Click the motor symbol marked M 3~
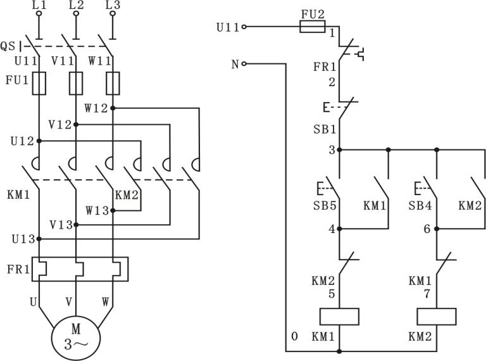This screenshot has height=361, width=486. (76, 336)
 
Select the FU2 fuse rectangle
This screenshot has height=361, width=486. (312, 27)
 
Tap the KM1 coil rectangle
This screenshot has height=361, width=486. (340, 316)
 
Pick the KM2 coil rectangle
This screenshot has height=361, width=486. (437, 316)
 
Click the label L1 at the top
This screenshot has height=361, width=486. (39, 6)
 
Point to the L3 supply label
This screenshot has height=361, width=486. (113, 6)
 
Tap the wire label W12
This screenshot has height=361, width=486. (97, 108)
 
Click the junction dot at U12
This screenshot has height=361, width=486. (39, 141)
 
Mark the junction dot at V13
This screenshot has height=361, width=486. (76, 224)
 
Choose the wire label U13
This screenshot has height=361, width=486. (23, 239)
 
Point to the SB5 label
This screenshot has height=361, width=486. (324, 206)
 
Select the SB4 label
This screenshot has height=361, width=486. (420, 206)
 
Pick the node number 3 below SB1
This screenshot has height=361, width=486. (332, 150)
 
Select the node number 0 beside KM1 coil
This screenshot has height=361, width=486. (294, 336)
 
